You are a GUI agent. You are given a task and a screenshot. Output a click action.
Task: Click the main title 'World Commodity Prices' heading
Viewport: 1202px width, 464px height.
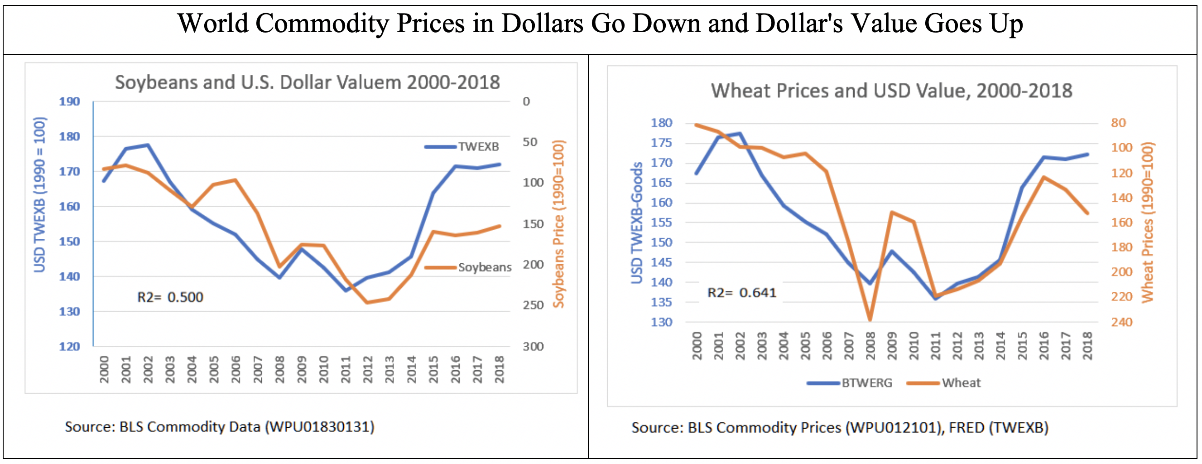pyautogui.click(x=600, y=24)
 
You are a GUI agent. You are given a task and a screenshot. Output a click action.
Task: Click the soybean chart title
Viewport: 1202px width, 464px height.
pyautogui.click(x=307, y=82)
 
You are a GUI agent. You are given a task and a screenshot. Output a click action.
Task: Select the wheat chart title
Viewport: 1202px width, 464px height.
pyautogui.click(x=891, y=91)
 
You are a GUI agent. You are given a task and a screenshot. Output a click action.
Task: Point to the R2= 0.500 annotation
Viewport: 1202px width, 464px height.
pyautogui.click(x=170, y=297)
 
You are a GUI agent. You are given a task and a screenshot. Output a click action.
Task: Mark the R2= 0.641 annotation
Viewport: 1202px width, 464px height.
pyautogui.click(x=741, y=293)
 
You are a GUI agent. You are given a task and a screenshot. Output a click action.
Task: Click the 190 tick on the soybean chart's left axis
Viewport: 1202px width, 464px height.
pyautogui.click(x=70, y=102)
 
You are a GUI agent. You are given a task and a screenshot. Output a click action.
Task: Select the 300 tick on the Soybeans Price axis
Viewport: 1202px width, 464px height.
pyautogui.click(x=533, y=347)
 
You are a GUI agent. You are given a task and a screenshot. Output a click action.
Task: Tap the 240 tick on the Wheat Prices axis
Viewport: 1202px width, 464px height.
pyautogui.click(x=1121, y=322)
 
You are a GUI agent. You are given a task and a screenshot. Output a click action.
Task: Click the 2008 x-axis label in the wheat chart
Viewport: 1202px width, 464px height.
pyautogui.click(x=870, y=346)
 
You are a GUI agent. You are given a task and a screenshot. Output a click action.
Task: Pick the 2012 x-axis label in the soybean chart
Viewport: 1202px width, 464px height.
pyautogui.click(x=368, y=369)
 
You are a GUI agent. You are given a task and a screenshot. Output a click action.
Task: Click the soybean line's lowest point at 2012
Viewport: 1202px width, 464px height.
pyautogui.click(x=368, y=303)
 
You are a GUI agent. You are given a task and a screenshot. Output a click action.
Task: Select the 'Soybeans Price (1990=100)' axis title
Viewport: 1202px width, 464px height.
pyautogui.click(x=558, y=224)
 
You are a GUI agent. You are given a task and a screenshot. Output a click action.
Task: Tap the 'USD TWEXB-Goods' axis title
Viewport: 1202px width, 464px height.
pyautogui.click(x=636, y=223)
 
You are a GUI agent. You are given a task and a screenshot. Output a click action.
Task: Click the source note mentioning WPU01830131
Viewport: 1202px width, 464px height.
pyautogui.click(x=219, y=427)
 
